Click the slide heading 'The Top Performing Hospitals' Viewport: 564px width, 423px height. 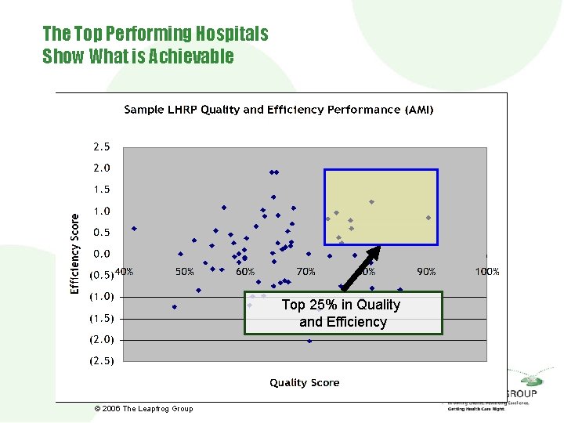pyautogui.click(x=155, y=34)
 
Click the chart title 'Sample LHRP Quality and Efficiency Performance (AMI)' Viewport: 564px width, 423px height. pyautogui.click(x=278, y=110)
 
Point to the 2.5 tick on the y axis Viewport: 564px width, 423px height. pyautogui.click(x=102, y=146)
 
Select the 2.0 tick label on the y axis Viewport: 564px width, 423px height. pyautogui.click(x=102, y=168)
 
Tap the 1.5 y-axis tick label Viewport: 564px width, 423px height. pyautogui.click(x=102, y=190)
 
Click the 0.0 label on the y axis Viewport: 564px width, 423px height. pyautogui.click(x=102, y=254)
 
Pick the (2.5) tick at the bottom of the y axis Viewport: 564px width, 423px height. pyautogui.click(x=101, y=361)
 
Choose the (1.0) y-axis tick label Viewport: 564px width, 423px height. pyautogui.click(x=101, y=297)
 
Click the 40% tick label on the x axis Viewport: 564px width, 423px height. pyautogui.click(x=124, y=272)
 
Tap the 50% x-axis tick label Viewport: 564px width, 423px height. pyautogui.click(x=184, y=272)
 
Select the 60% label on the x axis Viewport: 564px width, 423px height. pyautogui.click(x=245, y=272)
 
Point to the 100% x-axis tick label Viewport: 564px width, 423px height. pyautogui.click(x=487, y=272)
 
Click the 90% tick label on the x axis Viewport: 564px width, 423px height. pyautogui.click(x=426, y=272)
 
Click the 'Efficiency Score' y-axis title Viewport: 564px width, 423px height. pyautogui.click(x=75, y=254)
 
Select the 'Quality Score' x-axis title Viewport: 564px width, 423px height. pyautogui.click(x=305, y=382)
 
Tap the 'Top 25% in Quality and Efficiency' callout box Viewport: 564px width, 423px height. pyautogui.click(x=342, y=313)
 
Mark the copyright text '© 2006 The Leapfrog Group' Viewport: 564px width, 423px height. pyautogui.click(x=143, y=409)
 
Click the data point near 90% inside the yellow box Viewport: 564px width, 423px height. pyautogui.click(x=428, y=218)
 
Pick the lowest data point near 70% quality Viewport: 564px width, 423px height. pyautogui.click(x=309, y=341)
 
